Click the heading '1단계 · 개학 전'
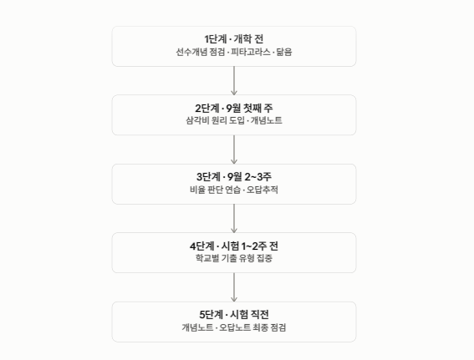point(234,39)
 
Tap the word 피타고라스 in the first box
point(251,52)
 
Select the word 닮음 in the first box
point(284,52)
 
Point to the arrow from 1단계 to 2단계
point(234,81)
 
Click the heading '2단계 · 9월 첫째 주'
point(234,108)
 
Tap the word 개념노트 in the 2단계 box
point(266,120)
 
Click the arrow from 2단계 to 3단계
point(234,150)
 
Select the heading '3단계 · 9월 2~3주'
point(234,177)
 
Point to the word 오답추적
point(262,190)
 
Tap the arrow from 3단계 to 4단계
point(234,218)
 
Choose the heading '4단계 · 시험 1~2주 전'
point(234,246)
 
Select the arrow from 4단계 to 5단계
point(234,287)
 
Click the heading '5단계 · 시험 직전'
point(234,314)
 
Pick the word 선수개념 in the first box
point(191,52)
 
